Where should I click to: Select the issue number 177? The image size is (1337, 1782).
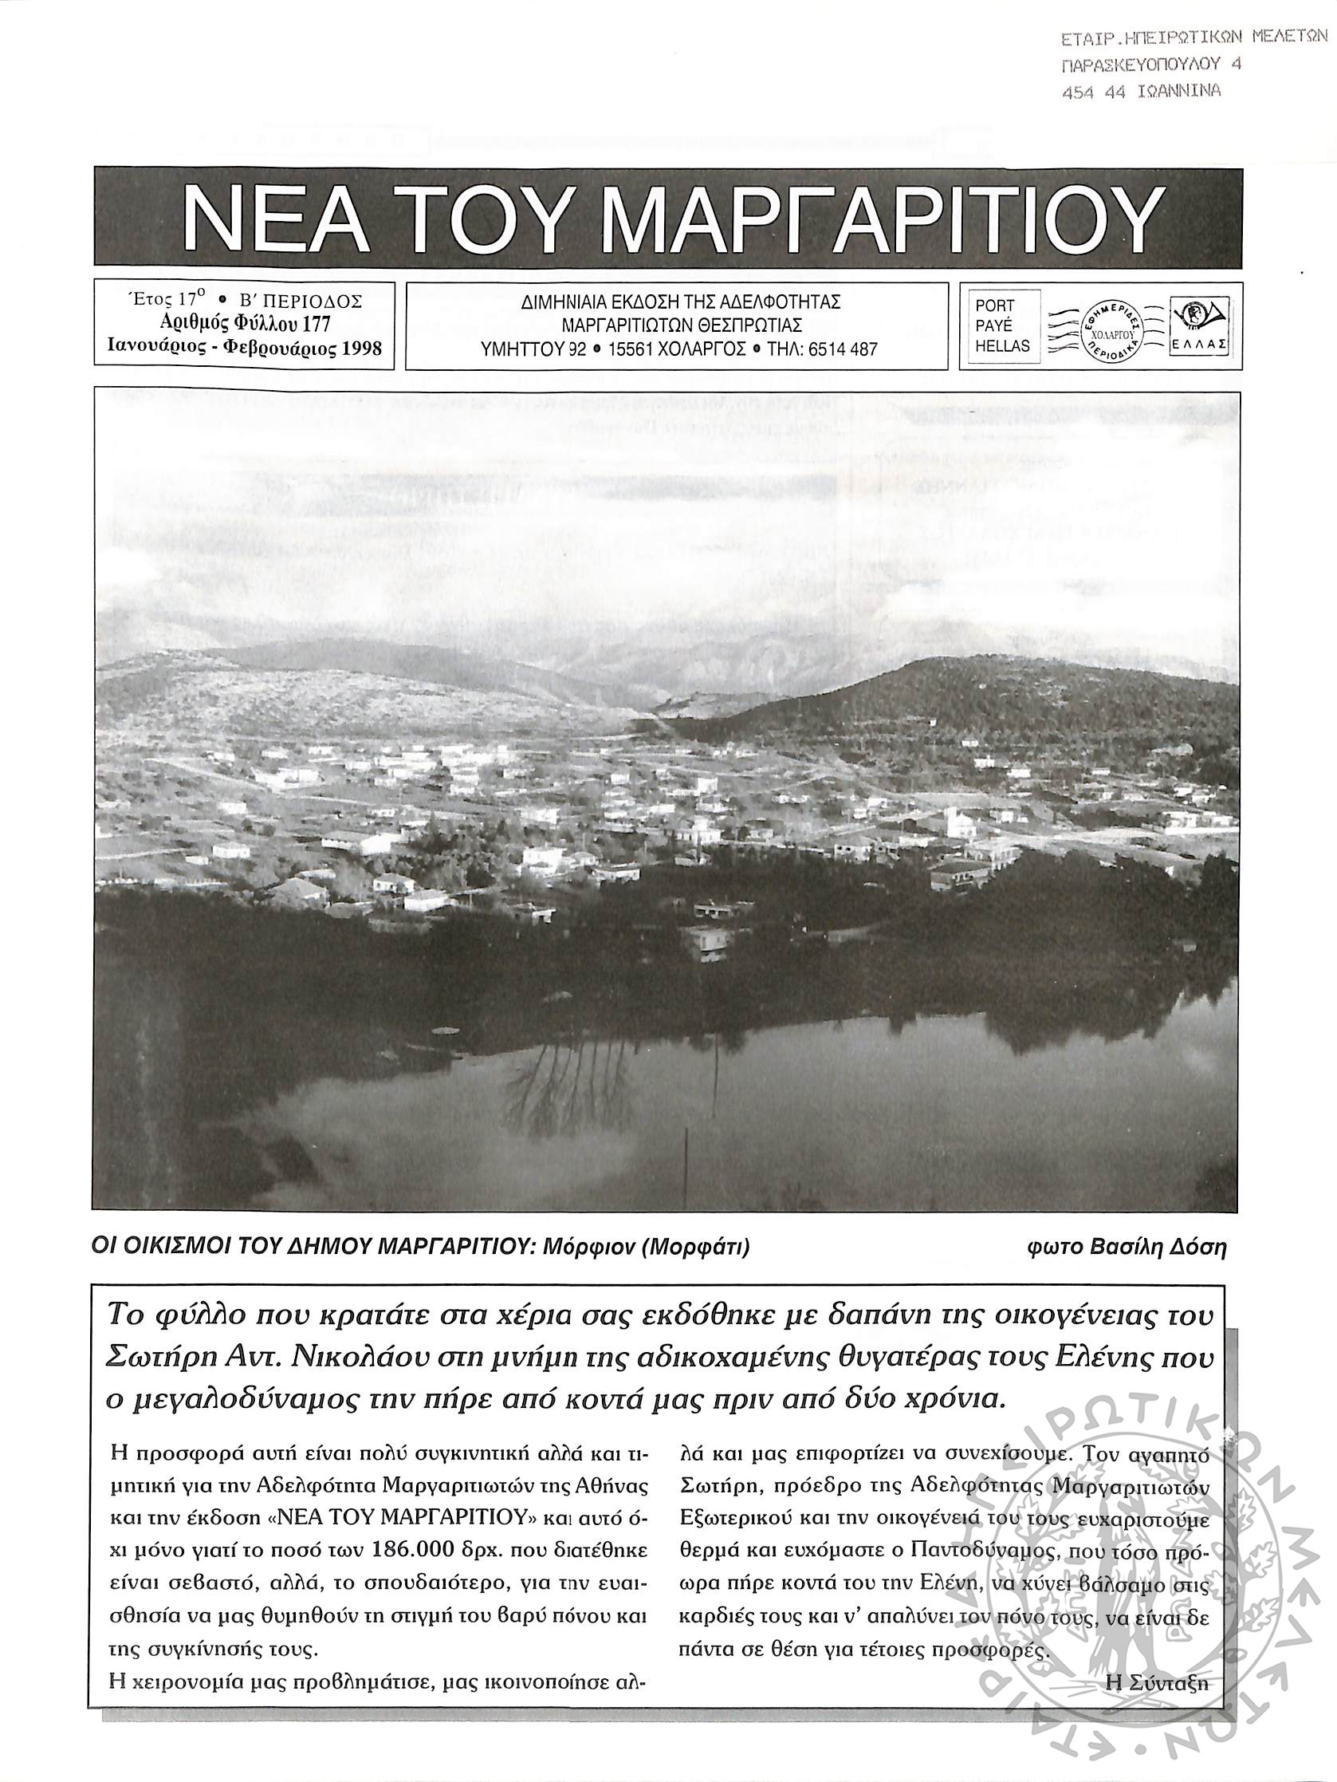[316, 324]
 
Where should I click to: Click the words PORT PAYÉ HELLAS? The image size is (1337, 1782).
[1002, 326]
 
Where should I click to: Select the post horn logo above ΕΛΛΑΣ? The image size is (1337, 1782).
[1197, 315]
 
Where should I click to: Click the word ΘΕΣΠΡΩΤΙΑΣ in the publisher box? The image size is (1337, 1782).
[745, 325]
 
